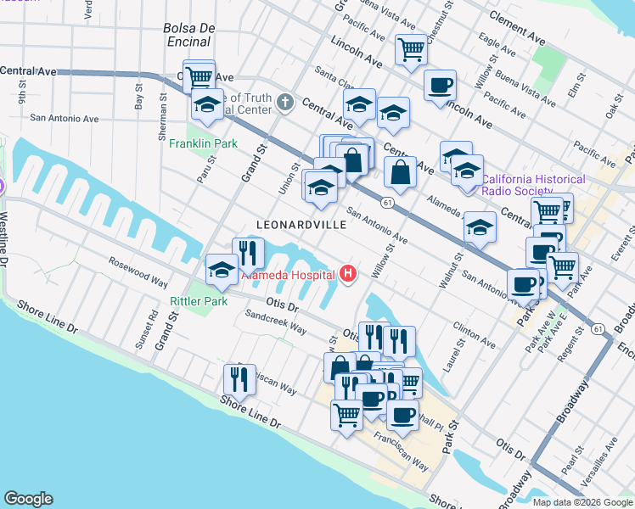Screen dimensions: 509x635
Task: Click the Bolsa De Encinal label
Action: (190, 35)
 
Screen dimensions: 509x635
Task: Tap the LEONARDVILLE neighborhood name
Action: (301, 225)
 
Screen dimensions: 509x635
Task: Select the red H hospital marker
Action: (347, 273)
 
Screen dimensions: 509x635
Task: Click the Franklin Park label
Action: (203, 144)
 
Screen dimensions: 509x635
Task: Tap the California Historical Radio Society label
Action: (533, 185)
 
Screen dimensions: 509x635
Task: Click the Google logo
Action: (28, 499)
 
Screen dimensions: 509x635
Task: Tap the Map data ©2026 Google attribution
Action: (582, 502)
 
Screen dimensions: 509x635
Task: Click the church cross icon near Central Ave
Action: (284, 103)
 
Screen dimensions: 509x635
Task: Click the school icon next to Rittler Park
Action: (222, 270)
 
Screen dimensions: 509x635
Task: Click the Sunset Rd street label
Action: (152, 327)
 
